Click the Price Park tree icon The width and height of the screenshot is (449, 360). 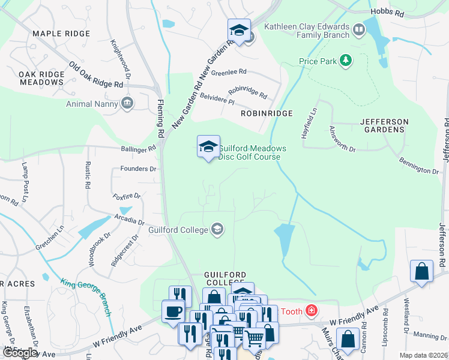345,60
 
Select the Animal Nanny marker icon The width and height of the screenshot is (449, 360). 127,103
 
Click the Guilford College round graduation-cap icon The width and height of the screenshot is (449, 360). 217,229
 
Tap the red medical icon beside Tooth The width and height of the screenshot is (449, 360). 311,310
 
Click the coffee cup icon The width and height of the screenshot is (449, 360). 173,312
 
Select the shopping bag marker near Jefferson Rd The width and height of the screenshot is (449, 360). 422,271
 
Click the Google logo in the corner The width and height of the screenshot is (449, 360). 20,353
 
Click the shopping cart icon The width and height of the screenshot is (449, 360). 254,339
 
